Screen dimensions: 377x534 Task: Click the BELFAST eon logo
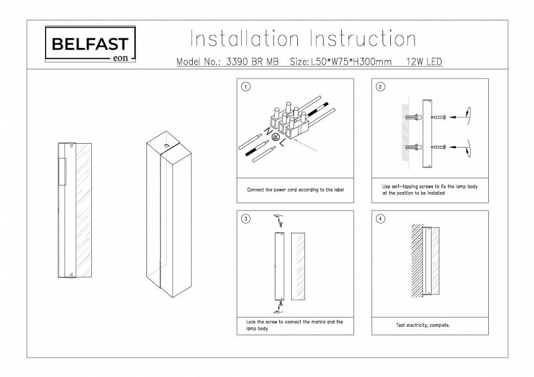tap(90, 45)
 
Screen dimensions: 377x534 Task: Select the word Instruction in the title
tap(362, 40)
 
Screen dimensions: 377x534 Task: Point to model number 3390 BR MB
tap(253, 62)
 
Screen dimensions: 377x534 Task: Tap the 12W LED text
tap(424, 62)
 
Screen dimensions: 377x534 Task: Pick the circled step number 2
tap(380, 87)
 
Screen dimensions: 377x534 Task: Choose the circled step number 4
tap(380, 219)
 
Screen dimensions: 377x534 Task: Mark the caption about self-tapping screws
tap(429, 190)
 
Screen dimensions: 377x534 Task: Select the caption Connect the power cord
tap(296, 190)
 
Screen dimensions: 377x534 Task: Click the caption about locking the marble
tap(295, 325)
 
